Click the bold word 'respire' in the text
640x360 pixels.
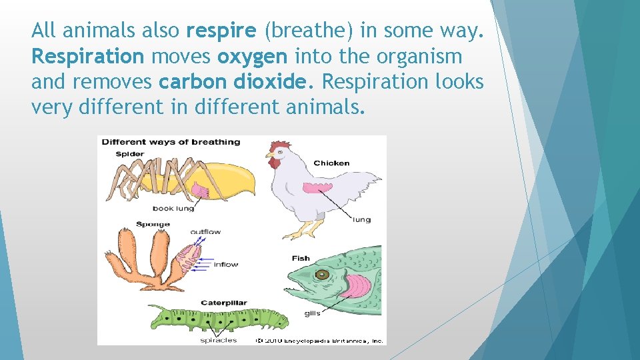[222, 31]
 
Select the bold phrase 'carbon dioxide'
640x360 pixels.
[237, 81]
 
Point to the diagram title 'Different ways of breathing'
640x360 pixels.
[171, 141]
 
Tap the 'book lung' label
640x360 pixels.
[173, 208]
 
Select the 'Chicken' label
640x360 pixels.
[331, 163]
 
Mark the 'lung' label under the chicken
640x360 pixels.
[361, 219]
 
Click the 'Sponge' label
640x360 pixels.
[153, 224]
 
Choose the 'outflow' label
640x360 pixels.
[205, 232]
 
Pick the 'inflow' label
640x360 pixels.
[226, 264]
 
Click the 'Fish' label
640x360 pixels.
[301, 258]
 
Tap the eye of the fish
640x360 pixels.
[323, 274]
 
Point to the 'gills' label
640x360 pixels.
[312, 313]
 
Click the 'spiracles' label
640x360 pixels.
[218, 340]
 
